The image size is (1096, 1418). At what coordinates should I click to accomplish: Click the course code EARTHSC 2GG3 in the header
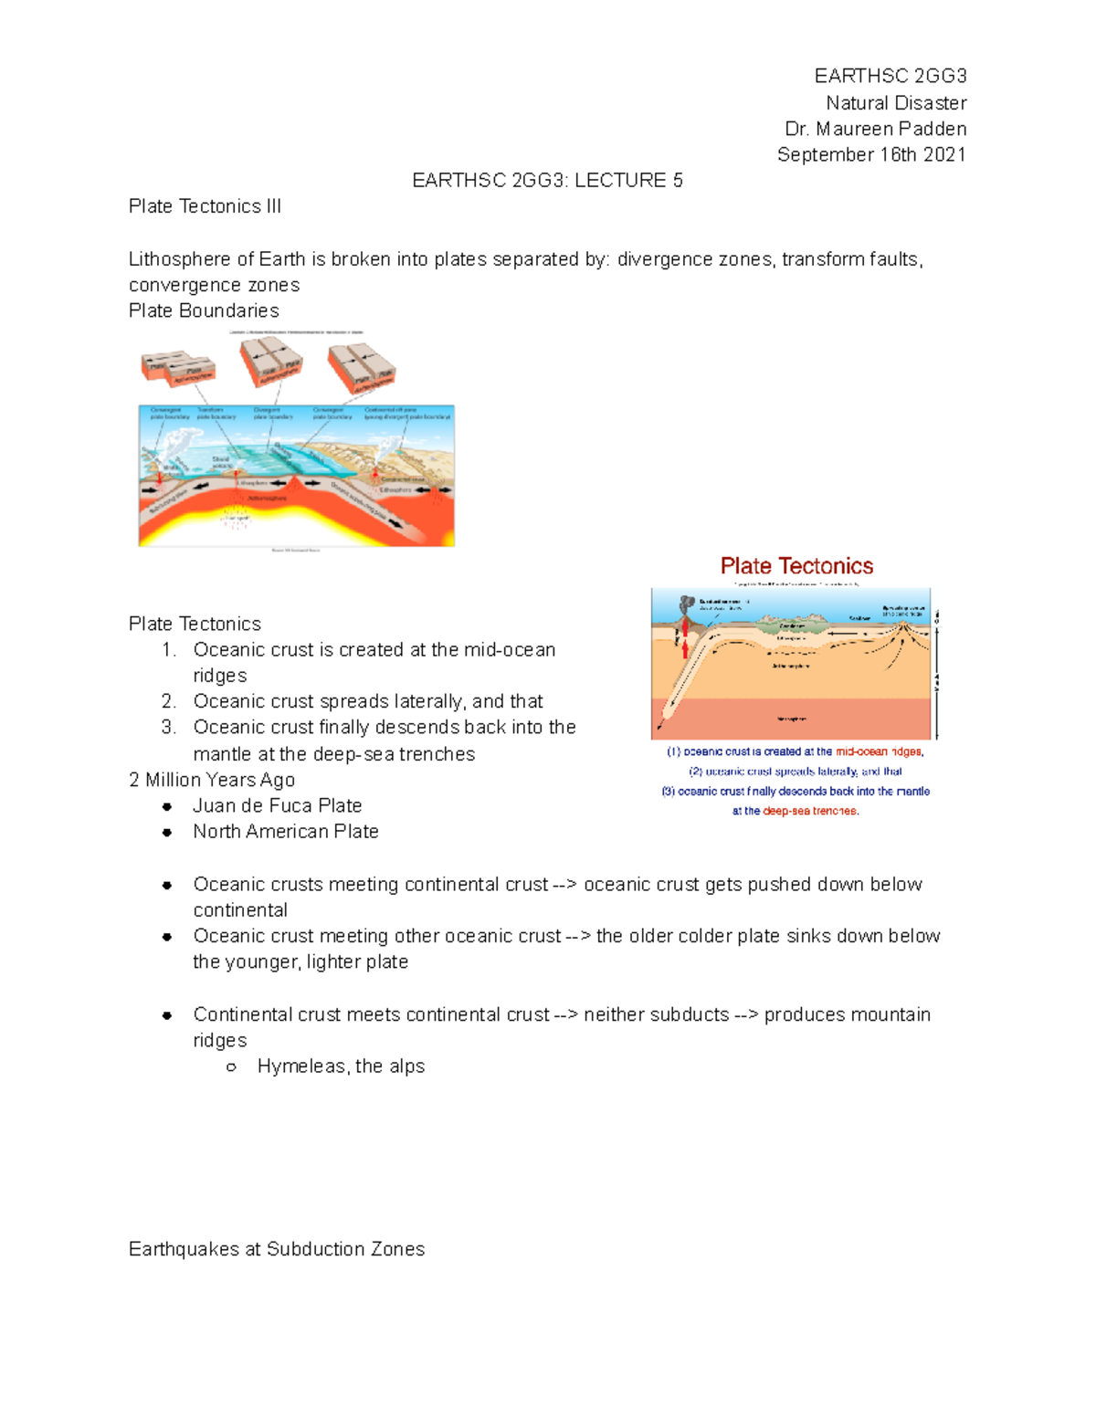[x=890, y=76]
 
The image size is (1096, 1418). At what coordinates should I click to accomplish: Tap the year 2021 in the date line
[x=944, y=154]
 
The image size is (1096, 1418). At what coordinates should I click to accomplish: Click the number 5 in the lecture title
[x=678, y=181]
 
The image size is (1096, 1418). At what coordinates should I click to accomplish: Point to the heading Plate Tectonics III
[x=205, y=206]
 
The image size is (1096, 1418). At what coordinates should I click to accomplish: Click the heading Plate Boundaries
[x=204, y=310]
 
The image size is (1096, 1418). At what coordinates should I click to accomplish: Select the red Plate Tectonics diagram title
[x=796, y=566]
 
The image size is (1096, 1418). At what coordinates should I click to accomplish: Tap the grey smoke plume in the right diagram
[x=687, y=605]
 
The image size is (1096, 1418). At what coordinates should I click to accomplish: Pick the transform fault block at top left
[x=178, y=368]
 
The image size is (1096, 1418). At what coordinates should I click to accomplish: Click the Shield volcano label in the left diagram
[x=221, y=463]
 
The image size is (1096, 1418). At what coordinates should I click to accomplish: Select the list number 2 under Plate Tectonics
[x=168, y=701]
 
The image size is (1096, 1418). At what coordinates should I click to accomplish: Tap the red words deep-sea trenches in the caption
[x=809, y=811]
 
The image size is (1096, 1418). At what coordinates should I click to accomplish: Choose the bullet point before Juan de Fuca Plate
[x=167, y=806]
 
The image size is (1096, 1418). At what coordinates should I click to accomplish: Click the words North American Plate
[x=286, y=832]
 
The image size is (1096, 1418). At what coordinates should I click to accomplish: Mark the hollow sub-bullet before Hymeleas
[x=232, y=1067]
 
